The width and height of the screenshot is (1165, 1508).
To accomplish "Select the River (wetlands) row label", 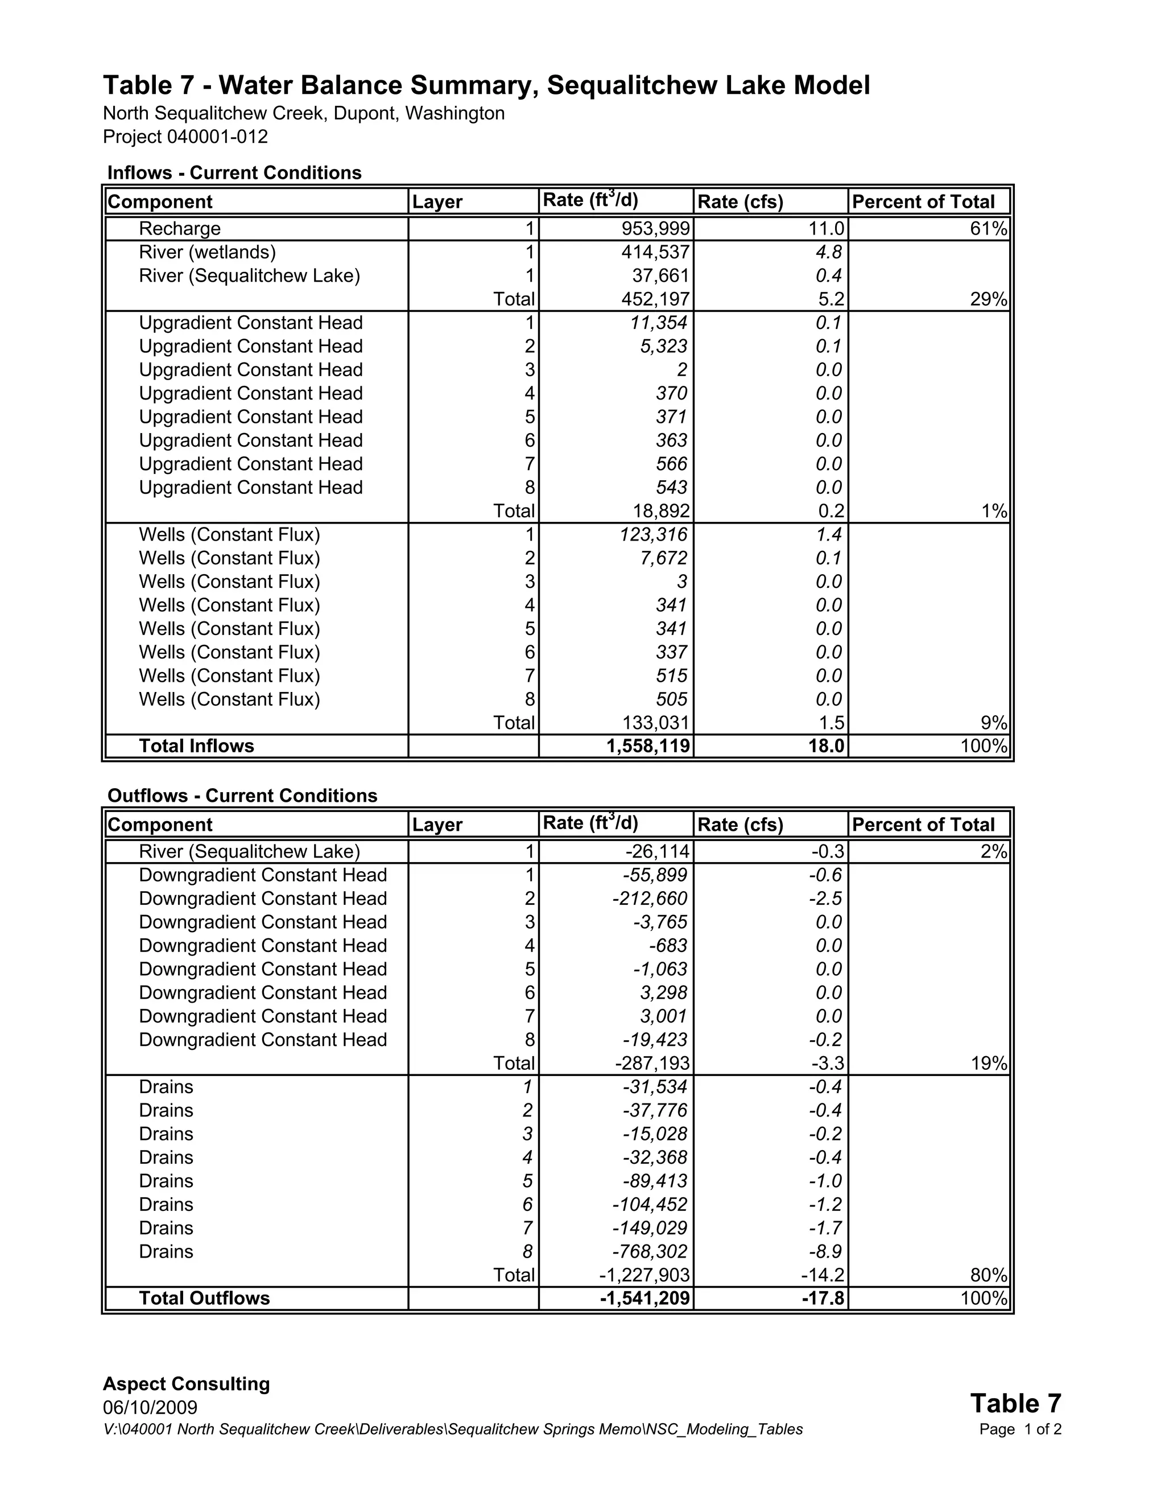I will coord(207,252).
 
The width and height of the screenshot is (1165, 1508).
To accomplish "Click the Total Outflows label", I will coord(204,1298).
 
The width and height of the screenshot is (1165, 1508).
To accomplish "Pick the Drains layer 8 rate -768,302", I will coord(650,1251).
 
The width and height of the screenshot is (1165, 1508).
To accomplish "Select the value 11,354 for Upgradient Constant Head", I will coord(658,323).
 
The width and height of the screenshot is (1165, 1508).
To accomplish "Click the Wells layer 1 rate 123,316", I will coord(654,534).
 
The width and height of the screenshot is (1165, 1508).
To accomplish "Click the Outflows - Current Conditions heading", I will coord(242,796).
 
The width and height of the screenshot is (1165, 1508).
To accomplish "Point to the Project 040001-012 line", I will coord(185,137).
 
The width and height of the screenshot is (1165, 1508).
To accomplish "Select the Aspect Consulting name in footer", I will coord(187,1384).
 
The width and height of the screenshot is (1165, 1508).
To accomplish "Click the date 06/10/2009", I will coord(150,1407).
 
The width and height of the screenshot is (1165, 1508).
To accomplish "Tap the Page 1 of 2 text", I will coord(1019,1429).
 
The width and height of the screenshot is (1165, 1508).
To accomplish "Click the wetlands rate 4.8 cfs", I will coord(828,252).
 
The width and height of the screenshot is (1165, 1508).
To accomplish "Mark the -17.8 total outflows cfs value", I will coord(823,1298).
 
